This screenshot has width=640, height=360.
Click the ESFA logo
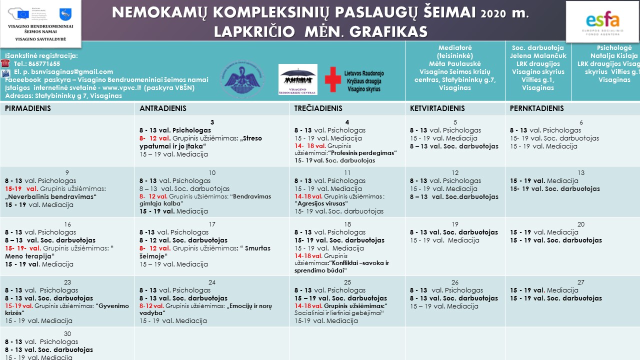(602, 21)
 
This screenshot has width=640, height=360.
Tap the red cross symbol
(333, 79)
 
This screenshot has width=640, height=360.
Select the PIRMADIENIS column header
(28, 108)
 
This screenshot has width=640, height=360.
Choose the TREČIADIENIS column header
(318, 108)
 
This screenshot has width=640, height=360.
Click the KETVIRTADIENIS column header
(437, 108)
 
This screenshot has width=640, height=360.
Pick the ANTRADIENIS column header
(163, 108)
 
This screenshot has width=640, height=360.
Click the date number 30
(67, 334)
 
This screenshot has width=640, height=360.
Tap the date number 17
(212, 224)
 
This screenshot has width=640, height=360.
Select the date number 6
(581, 122)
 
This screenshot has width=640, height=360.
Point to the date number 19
(455, 224)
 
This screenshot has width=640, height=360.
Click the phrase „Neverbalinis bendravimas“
(50, 197)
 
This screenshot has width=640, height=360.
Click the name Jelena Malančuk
(538, 56)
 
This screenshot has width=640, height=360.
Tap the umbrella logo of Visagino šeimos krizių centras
(298, 77)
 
